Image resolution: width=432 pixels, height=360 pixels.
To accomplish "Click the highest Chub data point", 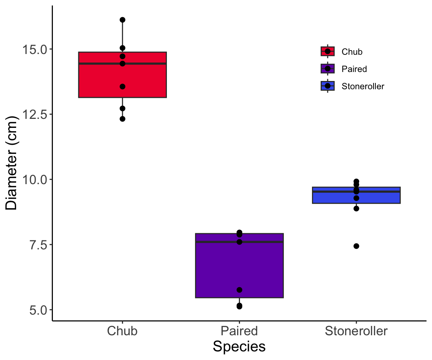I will pos(122,19).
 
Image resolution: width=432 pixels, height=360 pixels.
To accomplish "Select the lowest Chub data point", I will pos(122,119).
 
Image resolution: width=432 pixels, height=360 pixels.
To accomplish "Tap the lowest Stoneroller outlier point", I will pos(356,246).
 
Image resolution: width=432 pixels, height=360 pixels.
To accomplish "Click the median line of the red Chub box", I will pos(97,63).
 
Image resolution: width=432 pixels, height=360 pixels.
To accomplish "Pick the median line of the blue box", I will pos(379,192).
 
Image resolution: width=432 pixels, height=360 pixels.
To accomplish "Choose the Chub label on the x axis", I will pos(122,331).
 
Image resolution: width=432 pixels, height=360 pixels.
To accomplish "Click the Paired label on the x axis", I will pos(239,331).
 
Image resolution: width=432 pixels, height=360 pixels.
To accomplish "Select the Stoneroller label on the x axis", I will pos(356,331).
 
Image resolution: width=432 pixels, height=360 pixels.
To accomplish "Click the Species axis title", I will pos(239,346).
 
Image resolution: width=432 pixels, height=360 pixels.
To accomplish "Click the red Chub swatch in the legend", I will pos(328,51).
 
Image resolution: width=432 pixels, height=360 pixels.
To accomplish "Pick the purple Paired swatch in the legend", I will pos(328,69).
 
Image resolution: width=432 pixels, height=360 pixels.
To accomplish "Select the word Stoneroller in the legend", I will pos(363,86).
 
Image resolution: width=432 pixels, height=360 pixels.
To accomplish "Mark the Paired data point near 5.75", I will pos(239,290).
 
